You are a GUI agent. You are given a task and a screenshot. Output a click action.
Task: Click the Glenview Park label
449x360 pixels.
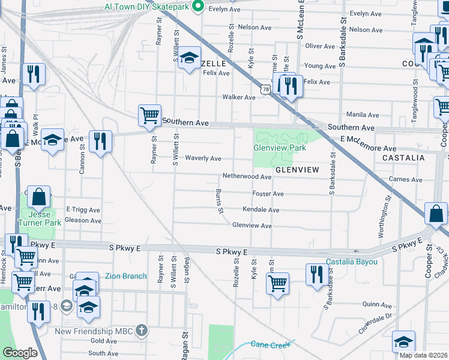[280, 148]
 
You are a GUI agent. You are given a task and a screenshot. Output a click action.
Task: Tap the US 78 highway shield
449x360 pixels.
[265, 89]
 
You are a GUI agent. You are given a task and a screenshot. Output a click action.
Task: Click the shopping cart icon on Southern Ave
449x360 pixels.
[149, 114]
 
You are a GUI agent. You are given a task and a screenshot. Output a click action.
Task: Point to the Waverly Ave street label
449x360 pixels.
[203, 158]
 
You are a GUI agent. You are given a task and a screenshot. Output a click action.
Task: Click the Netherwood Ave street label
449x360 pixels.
[247, 177]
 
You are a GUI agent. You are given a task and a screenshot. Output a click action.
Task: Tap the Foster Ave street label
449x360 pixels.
[268, 194]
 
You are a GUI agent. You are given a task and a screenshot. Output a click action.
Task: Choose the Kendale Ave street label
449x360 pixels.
[261, 210]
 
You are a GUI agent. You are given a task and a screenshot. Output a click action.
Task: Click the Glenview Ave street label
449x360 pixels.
[252, 226]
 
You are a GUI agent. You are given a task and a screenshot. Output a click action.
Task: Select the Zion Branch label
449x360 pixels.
[125, 276]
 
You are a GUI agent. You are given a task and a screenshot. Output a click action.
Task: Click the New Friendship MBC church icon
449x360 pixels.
[141, 330]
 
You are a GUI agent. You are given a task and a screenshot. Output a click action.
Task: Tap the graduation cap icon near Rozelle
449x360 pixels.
[189, 58]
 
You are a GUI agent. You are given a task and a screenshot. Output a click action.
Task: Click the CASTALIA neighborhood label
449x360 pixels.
[403, 158]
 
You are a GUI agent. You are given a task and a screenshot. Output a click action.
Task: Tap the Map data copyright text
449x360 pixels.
[423, 355]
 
